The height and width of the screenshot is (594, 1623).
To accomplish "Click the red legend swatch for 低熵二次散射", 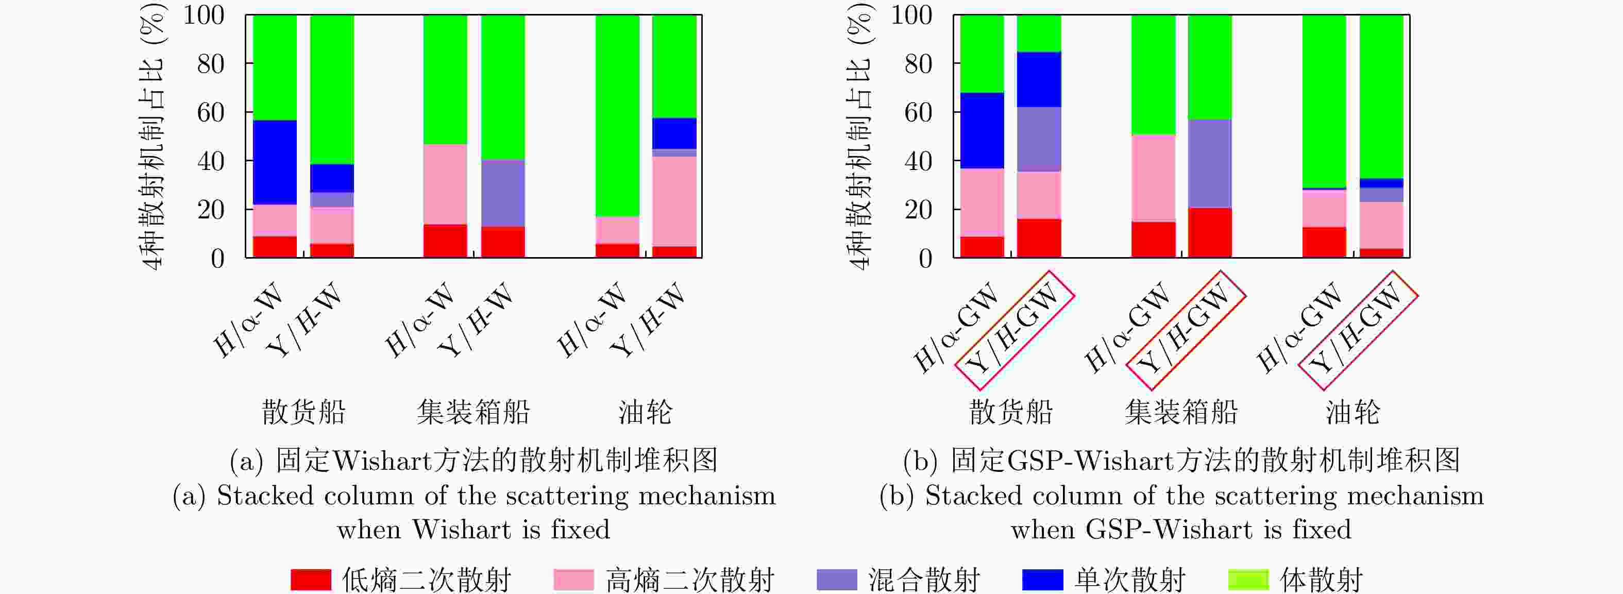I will point(311,579).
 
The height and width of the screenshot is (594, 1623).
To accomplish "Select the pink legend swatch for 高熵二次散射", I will point(573,579).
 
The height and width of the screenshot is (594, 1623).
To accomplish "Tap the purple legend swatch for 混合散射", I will point(837,579).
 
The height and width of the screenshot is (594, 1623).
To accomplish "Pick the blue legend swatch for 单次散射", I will point(1042,579).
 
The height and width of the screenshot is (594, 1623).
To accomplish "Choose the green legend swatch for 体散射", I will point(1248,579).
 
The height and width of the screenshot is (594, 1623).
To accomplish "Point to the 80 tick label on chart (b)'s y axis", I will point(918,64).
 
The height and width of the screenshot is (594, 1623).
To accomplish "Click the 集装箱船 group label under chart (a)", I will point(473,413).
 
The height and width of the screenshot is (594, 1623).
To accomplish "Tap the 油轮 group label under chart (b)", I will point(1352,413).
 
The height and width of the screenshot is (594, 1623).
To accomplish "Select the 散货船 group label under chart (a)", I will point(303,413).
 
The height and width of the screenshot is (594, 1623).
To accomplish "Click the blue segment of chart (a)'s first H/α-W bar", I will point(275,162).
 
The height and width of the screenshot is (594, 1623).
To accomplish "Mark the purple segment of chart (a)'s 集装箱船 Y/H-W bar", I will point(503,192).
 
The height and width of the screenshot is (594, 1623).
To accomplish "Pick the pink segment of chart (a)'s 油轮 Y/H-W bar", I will point(674,200).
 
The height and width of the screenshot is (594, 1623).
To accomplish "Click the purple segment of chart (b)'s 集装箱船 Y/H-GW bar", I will point(1210,163).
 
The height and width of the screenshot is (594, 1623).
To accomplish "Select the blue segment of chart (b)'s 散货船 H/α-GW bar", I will point(982,130).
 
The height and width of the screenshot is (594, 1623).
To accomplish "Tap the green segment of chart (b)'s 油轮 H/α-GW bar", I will point(1324,101).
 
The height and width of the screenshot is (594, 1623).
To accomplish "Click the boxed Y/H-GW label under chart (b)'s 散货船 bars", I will point(1014,330).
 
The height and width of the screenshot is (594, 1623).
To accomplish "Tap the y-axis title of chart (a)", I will point(153,135).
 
